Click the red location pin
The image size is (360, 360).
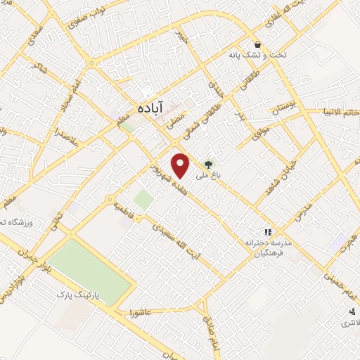(x=181, y=165)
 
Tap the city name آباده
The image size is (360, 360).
(x=150, y=108)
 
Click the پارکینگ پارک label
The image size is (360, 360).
(x=79, y=297)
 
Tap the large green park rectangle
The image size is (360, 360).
(x=90, y=271)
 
